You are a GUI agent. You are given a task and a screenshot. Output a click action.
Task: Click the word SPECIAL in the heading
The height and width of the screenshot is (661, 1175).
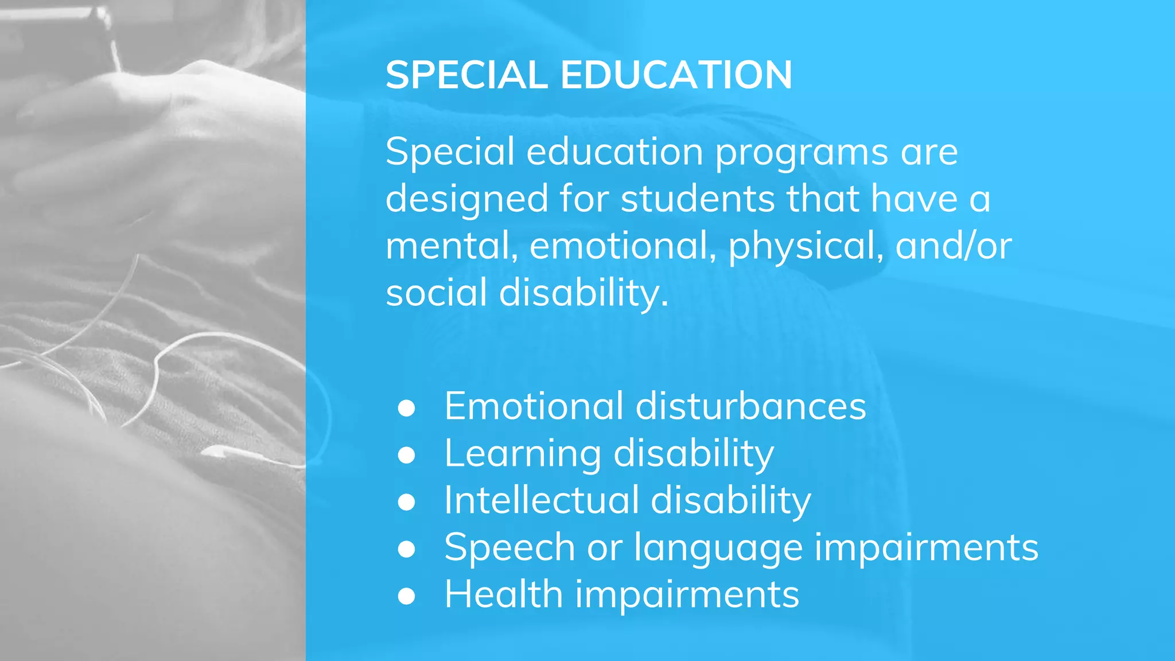pos(466,75)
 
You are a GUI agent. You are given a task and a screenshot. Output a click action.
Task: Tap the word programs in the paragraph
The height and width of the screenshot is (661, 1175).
pos(802,153)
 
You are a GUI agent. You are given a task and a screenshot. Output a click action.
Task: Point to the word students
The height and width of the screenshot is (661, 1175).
pos(698,199)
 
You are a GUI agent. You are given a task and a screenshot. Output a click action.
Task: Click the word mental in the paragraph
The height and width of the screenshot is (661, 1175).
pos(448,246)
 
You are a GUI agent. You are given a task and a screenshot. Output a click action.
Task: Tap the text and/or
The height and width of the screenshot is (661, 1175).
pos(954,246)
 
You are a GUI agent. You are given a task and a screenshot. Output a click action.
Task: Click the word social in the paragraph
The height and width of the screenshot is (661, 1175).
pos(436,293)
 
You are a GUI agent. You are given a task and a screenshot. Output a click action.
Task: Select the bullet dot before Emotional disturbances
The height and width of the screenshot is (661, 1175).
pos(406,408)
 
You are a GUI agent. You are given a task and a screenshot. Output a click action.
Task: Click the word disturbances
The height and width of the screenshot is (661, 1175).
pos(750,407)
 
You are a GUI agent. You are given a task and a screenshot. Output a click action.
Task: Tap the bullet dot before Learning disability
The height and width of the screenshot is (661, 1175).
pos(406,455)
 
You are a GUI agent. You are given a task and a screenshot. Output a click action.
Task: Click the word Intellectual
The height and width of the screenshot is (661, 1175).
pos(541,500)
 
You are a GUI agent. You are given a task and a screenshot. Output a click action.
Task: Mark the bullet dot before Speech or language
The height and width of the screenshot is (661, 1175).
pos(406,549)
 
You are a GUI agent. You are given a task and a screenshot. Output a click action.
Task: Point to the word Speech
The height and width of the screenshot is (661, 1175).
pos(509,548)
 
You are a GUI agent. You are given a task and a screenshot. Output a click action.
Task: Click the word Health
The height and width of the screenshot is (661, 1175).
pos(503,594)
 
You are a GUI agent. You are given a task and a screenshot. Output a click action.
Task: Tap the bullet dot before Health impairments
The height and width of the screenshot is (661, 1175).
pos(406,596)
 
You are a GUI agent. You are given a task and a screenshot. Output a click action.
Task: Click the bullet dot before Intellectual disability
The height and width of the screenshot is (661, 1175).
pos(406,502)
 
